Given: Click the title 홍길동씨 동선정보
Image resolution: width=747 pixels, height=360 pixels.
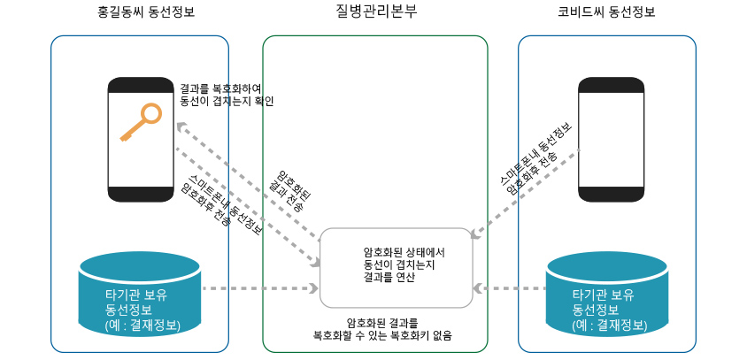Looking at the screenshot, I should (x=146, y=12).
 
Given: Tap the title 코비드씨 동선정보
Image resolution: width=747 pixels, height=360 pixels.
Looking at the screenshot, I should (x=606, y=12).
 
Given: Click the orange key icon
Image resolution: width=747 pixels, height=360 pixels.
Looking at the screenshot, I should (x=141, y=122).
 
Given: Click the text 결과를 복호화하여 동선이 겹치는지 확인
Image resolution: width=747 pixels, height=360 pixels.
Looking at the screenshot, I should (x=227, y=95).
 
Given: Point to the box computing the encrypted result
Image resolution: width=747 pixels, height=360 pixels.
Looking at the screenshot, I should (x=396, y=267).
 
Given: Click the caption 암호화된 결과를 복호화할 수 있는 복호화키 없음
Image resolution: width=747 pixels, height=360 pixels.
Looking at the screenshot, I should (x=382, y=329).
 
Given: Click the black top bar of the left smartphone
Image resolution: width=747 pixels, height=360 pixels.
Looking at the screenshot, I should (x=141, y=85).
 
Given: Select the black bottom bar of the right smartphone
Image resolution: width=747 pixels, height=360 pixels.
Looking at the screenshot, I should (x=611, y=195).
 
